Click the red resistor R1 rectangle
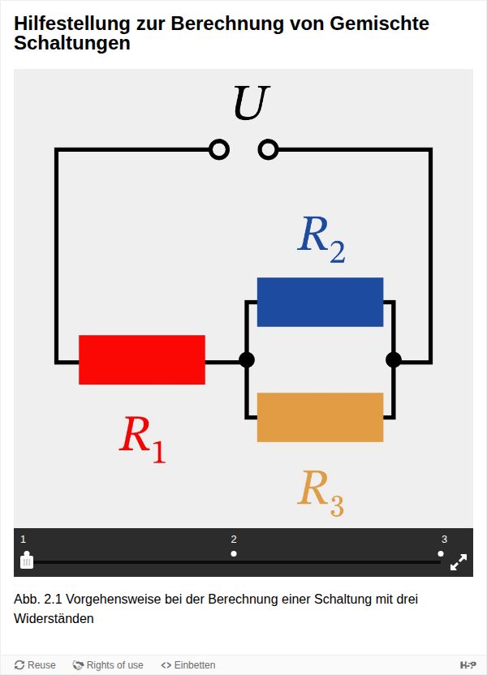[142, 359]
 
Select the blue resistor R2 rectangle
[320, 302]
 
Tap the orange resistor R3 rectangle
[320, 417]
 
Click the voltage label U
[251, 103]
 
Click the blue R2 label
[321, 239]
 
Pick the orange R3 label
[321, 491]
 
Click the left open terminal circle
[219, 149]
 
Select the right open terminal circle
[268, 149]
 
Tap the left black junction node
[247, 359]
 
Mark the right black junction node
[394, 359]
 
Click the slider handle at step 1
[27, 561]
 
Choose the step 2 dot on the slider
[234, 553]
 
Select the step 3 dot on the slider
[441, 553]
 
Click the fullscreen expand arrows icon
[459, 561]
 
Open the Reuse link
[35, 665]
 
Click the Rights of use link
[108, 665]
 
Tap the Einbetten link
[188, 665]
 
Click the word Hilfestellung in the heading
[66, 24]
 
